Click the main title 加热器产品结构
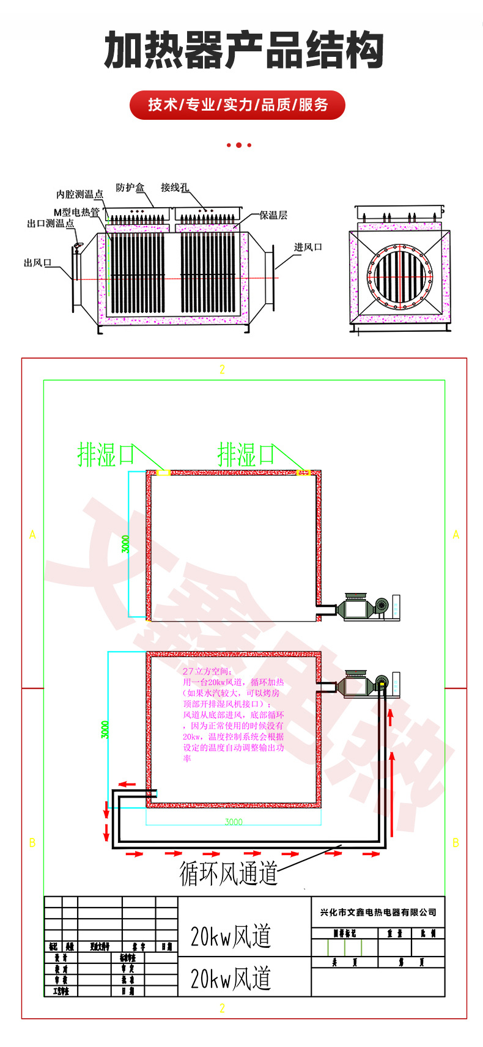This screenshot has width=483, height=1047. tap(244, 51)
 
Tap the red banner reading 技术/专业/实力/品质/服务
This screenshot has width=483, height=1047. tap(238, 105)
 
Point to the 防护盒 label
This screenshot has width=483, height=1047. tap(130, 188)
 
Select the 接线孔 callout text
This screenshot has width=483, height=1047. tap(175, 188)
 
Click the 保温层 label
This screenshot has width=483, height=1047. tap(273, 215)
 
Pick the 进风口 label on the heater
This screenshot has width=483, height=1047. tap(308, 247)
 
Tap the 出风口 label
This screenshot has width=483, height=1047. tap(37, 263)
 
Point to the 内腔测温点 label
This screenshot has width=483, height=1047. tap(79, 194)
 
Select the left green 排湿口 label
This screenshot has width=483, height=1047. tap(105, 455)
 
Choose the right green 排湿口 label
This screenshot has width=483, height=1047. tap(246, 455)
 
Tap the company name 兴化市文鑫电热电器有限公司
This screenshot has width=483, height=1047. tap(378, 913)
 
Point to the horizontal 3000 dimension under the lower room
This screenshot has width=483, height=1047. tap(234, 822)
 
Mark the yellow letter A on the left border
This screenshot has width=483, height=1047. tap(33, 535)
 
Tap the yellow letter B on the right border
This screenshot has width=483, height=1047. tap(455, 843)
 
